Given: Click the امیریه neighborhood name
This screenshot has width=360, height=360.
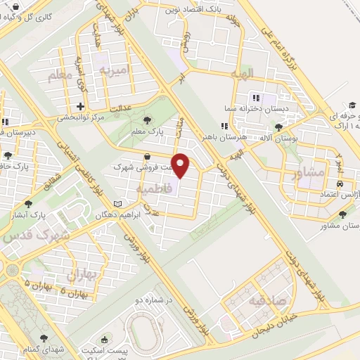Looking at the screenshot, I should point(114,70).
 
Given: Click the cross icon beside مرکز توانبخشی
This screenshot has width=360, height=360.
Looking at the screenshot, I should point(80,106).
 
